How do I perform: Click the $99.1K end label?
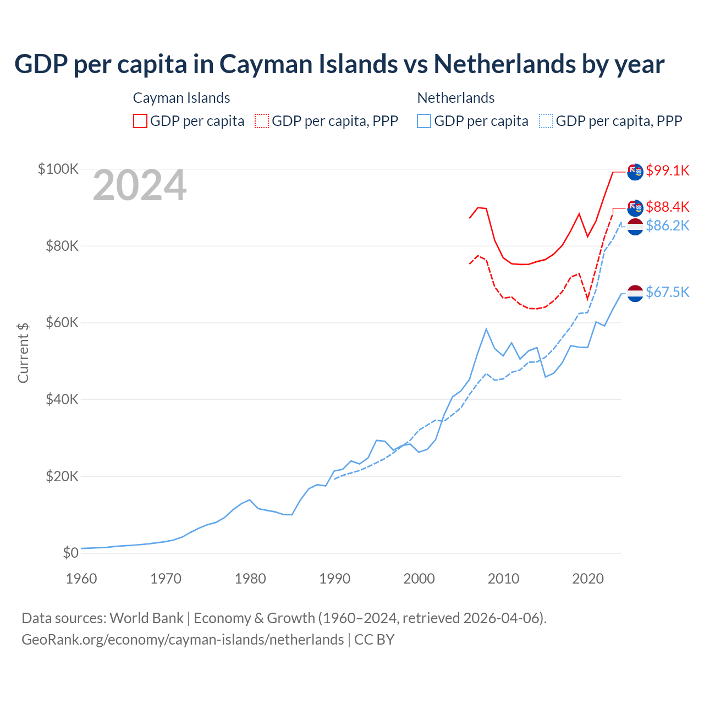tap(667, 170)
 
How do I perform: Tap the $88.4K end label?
tap(667, 207)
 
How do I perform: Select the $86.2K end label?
tap(667, 226)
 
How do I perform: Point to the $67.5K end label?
tap(667, 292)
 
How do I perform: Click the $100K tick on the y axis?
tap(58, 169)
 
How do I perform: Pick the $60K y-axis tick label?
tap(62, 322)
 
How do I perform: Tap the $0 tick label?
tap(70, 553)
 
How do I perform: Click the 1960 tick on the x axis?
tap(81, 579)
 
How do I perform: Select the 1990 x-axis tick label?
tap(335, 579)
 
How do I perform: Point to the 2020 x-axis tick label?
tap(588, 579)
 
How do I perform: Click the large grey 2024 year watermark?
tap(140, 185)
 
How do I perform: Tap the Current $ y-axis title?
tap(23, 353)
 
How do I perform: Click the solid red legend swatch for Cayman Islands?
tap(140, 121)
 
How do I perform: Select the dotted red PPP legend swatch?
tap(262, 121)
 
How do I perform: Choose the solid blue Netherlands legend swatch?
tap(424, 121)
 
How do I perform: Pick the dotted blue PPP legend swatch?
tap(546, 121)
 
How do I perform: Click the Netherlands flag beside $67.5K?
tap(635, 293)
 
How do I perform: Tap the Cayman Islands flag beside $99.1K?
tap(635, 172)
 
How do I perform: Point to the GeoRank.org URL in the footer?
tap(183, 640)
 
